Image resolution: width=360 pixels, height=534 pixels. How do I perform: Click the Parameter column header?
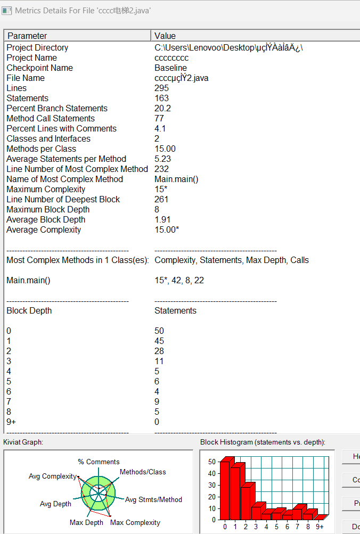click(27, 36)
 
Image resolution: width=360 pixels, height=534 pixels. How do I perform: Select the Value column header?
click(165, 36)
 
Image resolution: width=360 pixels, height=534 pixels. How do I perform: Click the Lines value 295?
click(161, 88)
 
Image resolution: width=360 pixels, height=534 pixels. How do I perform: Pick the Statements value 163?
click(161, 98)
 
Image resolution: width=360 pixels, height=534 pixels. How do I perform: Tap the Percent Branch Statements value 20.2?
click(162, 108)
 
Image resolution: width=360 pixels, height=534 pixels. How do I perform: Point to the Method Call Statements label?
click(51, 118)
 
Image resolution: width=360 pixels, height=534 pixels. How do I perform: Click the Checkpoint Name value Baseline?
click(170, 68)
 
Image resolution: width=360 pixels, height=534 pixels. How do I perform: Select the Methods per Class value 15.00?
click(165, 149)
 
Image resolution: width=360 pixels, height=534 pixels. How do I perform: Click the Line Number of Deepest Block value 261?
click(161, 199)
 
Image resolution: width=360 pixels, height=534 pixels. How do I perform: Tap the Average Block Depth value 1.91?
click(162, 219)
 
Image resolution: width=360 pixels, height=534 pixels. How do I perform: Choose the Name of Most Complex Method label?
click(64, 179)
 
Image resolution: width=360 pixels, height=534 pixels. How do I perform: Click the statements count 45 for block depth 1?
click(159, 341)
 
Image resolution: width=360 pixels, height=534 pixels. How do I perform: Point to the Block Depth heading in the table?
click(29, 310)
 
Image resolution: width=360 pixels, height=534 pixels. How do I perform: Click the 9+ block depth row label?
click(11, 422)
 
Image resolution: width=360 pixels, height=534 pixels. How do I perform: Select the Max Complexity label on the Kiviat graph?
click(135, 522)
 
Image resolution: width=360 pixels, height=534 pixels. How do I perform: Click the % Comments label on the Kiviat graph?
click(99, 462)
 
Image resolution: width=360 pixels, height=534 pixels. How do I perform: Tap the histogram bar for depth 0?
click(225, 490)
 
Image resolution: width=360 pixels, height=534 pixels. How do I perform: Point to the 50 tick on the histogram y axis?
click(212, 462)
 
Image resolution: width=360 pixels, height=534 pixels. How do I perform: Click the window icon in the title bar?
click(7, 10)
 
